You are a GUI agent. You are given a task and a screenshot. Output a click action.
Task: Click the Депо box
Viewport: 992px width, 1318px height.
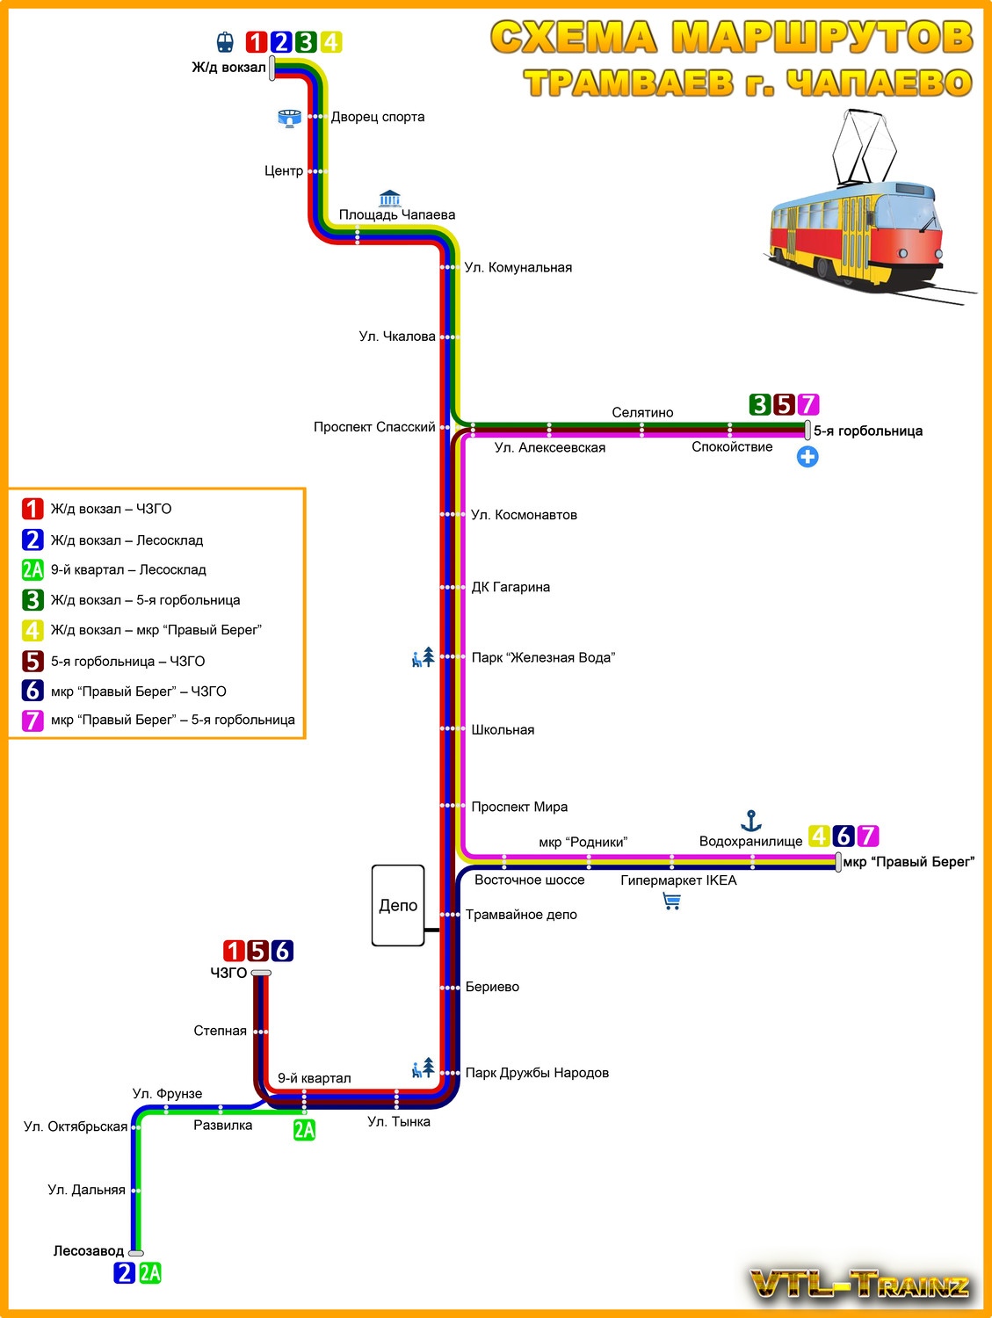pos(398,905)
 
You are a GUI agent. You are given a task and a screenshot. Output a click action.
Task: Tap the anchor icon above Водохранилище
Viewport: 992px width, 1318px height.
pos(750,822)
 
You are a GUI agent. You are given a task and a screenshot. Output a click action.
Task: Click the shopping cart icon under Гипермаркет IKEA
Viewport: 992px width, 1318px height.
pos(672,902)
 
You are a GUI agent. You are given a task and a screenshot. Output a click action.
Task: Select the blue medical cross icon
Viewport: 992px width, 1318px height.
pos(807,457)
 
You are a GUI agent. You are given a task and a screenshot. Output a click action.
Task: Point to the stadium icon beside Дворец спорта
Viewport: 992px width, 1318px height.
pos(289,118)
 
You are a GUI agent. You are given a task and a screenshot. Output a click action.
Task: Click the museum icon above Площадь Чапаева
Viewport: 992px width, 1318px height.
pos(389,198)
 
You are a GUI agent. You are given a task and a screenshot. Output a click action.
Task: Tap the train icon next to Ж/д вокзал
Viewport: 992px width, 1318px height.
pos(226,42)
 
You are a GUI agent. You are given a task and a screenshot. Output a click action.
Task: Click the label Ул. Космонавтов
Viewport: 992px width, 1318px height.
pos(524,515)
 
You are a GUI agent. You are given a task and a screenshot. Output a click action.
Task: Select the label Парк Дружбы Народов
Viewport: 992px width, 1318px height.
pos(537,1073)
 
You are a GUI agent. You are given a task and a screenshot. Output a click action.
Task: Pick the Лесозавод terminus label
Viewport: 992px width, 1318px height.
pos(89,1251)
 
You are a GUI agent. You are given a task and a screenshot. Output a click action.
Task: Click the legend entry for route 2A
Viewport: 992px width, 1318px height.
pos(128,569)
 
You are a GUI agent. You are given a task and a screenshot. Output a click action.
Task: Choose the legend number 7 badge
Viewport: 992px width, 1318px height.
pos(33,721)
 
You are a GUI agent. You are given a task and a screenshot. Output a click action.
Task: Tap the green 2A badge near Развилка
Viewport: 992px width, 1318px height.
pos(304,1130)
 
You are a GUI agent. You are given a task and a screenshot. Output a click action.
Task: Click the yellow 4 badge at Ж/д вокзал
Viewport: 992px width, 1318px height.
pos(330,42)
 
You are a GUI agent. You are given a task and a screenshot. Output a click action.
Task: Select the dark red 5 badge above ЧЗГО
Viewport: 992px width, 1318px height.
pos(257,951)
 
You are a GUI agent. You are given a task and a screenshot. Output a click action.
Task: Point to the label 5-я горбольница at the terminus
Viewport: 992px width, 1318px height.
pos(868,431)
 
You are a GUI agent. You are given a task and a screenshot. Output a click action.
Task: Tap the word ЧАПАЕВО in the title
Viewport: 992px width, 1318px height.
pos(879,83)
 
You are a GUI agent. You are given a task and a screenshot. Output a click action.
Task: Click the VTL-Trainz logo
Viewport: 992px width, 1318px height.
pos(860,1285)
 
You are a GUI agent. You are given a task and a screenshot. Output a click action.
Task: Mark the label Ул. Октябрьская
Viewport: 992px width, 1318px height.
pos(76,1126)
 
